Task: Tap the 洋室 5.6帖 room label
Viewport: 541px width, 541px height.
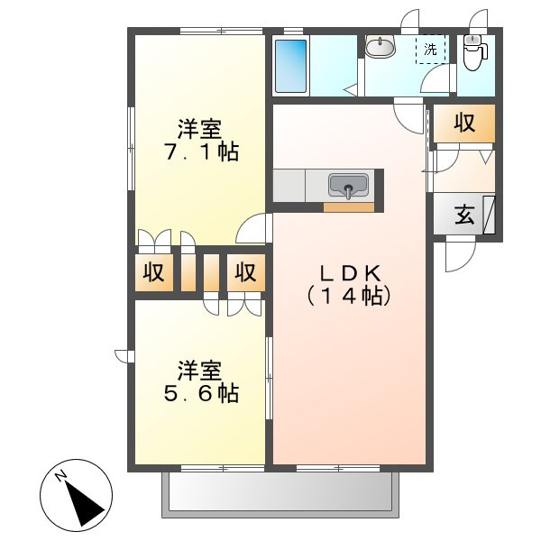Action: click(201, 381)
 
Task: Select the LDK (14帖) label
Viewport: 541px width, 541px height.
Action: click(349, 285)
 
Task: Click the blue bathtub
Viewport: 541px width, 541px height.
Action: click(290, 66)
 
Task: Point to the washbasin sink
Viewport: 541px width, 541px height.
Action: click(380, 47)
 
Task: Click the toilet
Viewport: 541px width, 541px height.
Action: click(474, 52)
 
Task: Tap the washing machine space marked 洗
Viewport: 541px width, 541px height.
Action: click(430, 50)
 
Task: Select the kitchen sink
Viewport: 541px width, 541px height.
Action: click(348, 186)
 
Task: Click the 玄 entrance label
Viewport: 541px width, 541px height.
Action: click(464, 215)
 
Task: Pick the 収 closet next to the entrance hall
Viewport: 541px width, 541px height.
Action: click(464, 123)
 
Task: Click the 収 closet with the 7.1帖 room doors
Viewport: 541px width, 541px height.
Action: click(154, 272)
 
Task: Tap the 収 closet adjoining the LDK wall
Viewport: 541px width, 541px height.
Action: click(246, 272)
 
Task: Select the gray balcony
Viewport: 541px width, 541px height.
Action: click(280, 495)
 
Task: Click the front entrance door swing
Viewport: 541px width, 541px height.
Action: click(460, 254)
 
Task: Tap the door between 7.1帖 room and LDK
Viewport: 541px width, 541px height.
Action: click(252, 228)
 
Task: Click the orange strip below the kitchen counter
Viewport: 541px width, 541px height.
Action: click(348, 207)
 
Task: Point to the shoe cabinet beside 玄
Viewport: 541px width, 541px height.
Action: click(489, 215)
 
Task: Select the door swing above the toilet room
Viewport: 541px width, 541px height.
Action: click(479, 18)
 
